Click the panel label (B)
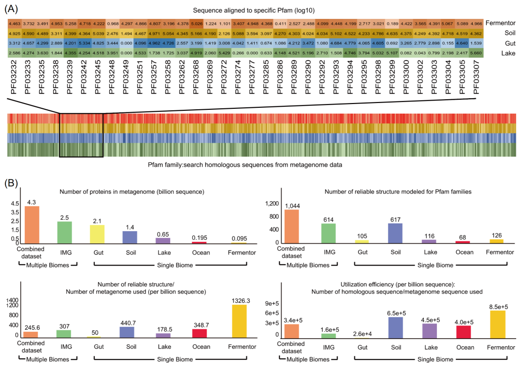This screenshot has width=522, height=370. pos(11,184)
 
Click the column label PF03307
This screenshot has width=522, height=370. pos(476,77)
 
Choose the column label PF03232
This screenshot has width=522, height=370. pos(14,77)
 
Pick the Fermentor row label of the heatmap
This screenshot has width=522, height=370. pos(501,23)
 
